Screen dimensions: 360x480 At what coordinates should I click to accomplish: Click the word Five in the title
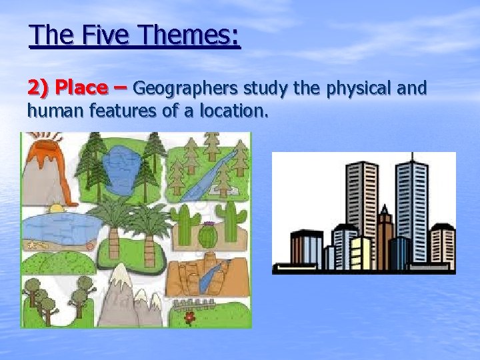(103, 35)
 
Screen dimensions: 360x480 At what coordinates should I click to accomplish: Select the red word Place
(82, 87)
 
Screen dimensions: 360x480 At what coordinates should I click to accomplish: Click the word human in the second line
(51, 111)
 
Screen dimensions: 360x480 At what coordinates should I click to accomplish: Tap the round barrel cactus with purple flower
(207, 235)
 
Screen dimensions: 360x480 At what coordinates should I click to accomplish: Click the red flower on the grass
(190, 316)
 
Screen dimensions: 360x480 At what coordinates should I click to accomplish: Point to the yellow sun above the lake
(56, 208)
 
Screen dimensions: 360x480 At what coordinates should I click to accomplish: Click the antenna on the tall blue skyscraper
(413, 157)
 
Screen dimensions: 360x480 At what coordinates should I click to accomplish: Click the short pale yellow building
(360, 253)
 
